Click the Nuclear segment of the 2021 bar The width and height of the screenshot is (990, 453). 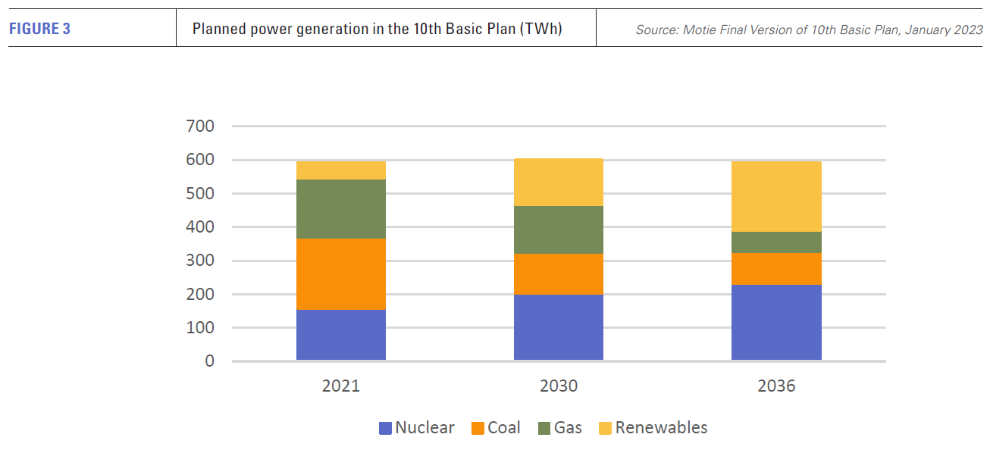(341, 335)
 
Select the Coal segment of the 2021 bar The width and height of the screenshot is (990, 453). (341, 274)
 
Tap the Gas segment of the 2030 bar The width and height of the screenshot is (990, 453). (559, 230)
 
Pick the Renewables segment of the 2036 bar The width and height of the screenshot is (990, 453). (776, 196)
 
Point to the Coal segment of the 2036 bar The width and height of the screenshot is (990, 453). (776, 269)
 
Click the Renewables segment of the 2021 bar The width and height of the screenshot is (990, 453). (341, 170)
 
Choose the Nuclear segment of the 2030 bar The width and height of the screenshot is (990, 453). (559, 327)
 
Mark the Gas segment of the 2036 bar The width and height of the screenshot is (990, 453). (776, 242)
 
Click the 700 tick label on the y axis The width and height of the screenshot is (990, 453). (200, 127)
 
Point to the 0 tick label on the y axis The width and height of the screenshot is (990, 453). (209, 361)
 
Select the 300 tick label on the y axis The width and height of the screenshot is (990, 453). (200, 261)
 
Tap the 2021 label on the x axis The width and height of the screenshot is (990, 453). (341, 386)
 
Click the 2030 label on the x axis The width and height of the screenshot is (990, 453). (559, 386)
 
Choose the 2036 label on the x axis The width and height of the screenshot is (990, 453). (776, 386)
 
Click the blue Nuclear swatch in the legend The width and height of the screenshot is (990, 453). (386, 428)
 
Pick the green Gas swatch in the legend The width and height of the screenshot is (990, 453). (544, 428)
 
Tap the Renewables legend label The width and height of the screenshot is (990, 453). (661, 428)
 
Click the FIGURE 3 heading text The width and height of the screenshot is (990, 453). (40, 30)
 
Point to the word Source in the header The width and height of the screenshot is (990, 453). (656, 30)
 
